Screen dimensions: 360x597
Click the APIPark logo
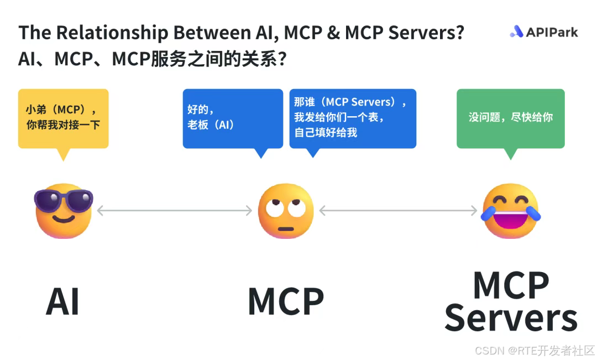[543, 32]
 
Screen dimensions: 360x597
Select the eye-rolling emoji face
[286, 211]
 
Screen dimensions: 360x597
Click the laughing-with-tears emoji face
[510, 211]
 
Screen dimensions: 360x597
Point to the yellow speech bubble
[63, 118]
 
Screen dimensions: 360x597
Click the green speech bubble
[510, 118]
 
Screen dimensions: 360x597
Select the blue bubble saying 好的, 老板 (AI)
[232, 118]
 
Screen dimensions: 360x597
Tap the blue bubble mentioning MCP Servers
[353, 118]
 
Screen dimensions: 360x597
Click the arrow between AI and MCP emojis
[175, 211]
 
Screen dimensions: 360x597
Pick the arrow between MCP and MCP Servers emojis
[398, 211]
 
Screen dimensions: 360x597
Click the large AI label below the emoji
[62, 302]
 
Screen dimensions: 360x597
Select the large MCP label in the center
[286, 302]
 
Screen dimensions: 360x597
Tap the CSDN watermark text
[535, 351]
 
